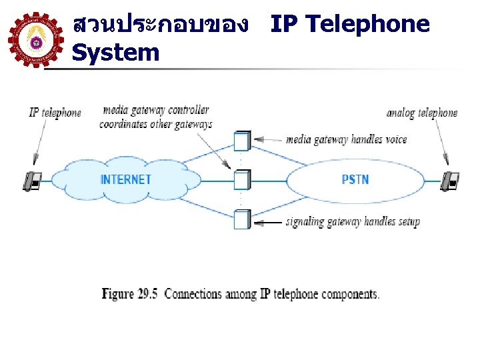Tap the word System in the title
coord(115,53)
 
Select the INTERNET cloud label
coord(125,179)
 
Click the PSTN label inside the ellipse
coord(355,179)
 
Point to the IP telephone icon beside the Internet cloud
coord(32,180)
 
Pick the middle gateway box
coord(241,180)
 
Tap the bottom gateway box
coord(241,219)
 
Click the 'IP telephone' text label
coord(55,113)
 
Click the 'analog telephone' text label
coord(422,113)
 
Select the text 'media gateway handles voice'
coord(346,140)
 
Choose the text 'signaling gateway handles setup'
coord(352,222)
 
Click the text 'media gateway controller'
coord(155,110)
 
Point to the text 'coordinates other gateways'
coord(155,124)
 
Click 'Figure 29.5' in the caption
coord(129,294)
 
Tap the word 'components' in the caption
coord(349,294)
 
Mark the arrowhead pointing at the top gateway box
coord(258,140)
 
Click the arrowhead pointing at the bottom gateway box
coord(258,221)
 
